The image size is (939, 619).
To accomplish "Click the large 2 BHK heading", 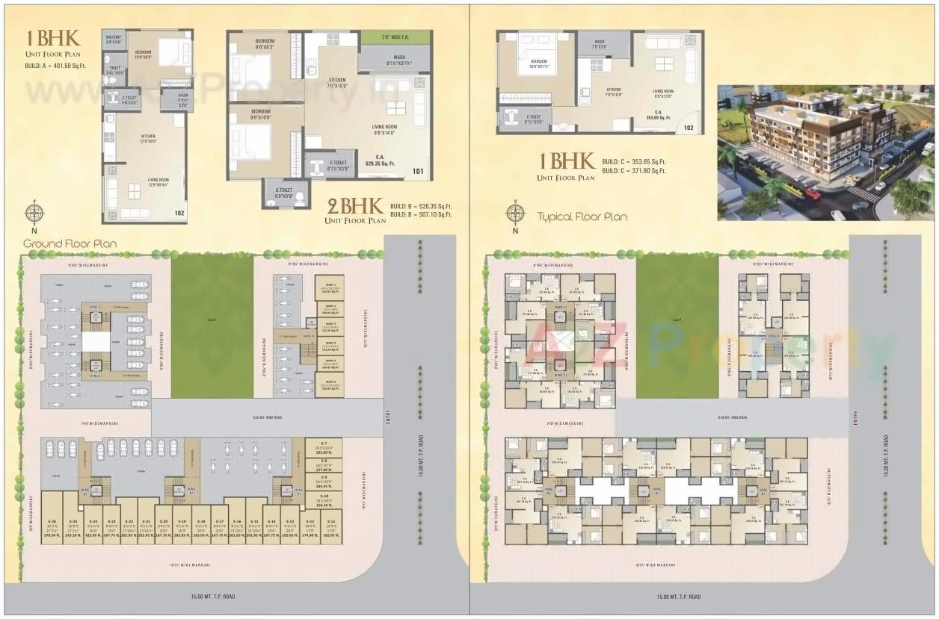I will point(355,206).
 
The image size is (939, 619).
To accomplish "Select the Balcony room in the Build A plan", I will point(114,40).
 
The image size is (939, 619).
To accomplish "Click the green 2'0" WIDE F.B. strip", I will point(395,37).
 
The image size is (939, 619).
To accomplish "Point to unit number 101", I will point(417,172).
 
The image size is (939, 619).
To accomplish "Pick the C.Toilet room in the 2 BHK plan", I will point(330,164).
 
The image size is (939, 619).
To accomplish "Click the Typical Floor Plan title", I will point(582,217).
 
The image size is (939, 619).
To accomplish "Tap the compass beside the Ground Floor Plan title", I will point(34,214).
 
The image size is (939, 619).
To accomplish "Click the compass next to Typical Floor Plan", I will point(515,213).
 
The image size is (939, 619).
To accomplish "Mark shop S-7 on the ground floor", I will point(324,447).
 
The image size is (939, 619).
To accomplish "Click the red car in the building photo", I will point(813,194).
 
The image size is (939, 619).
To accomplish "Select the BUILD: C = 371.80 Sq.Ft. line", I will point(634,172).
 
